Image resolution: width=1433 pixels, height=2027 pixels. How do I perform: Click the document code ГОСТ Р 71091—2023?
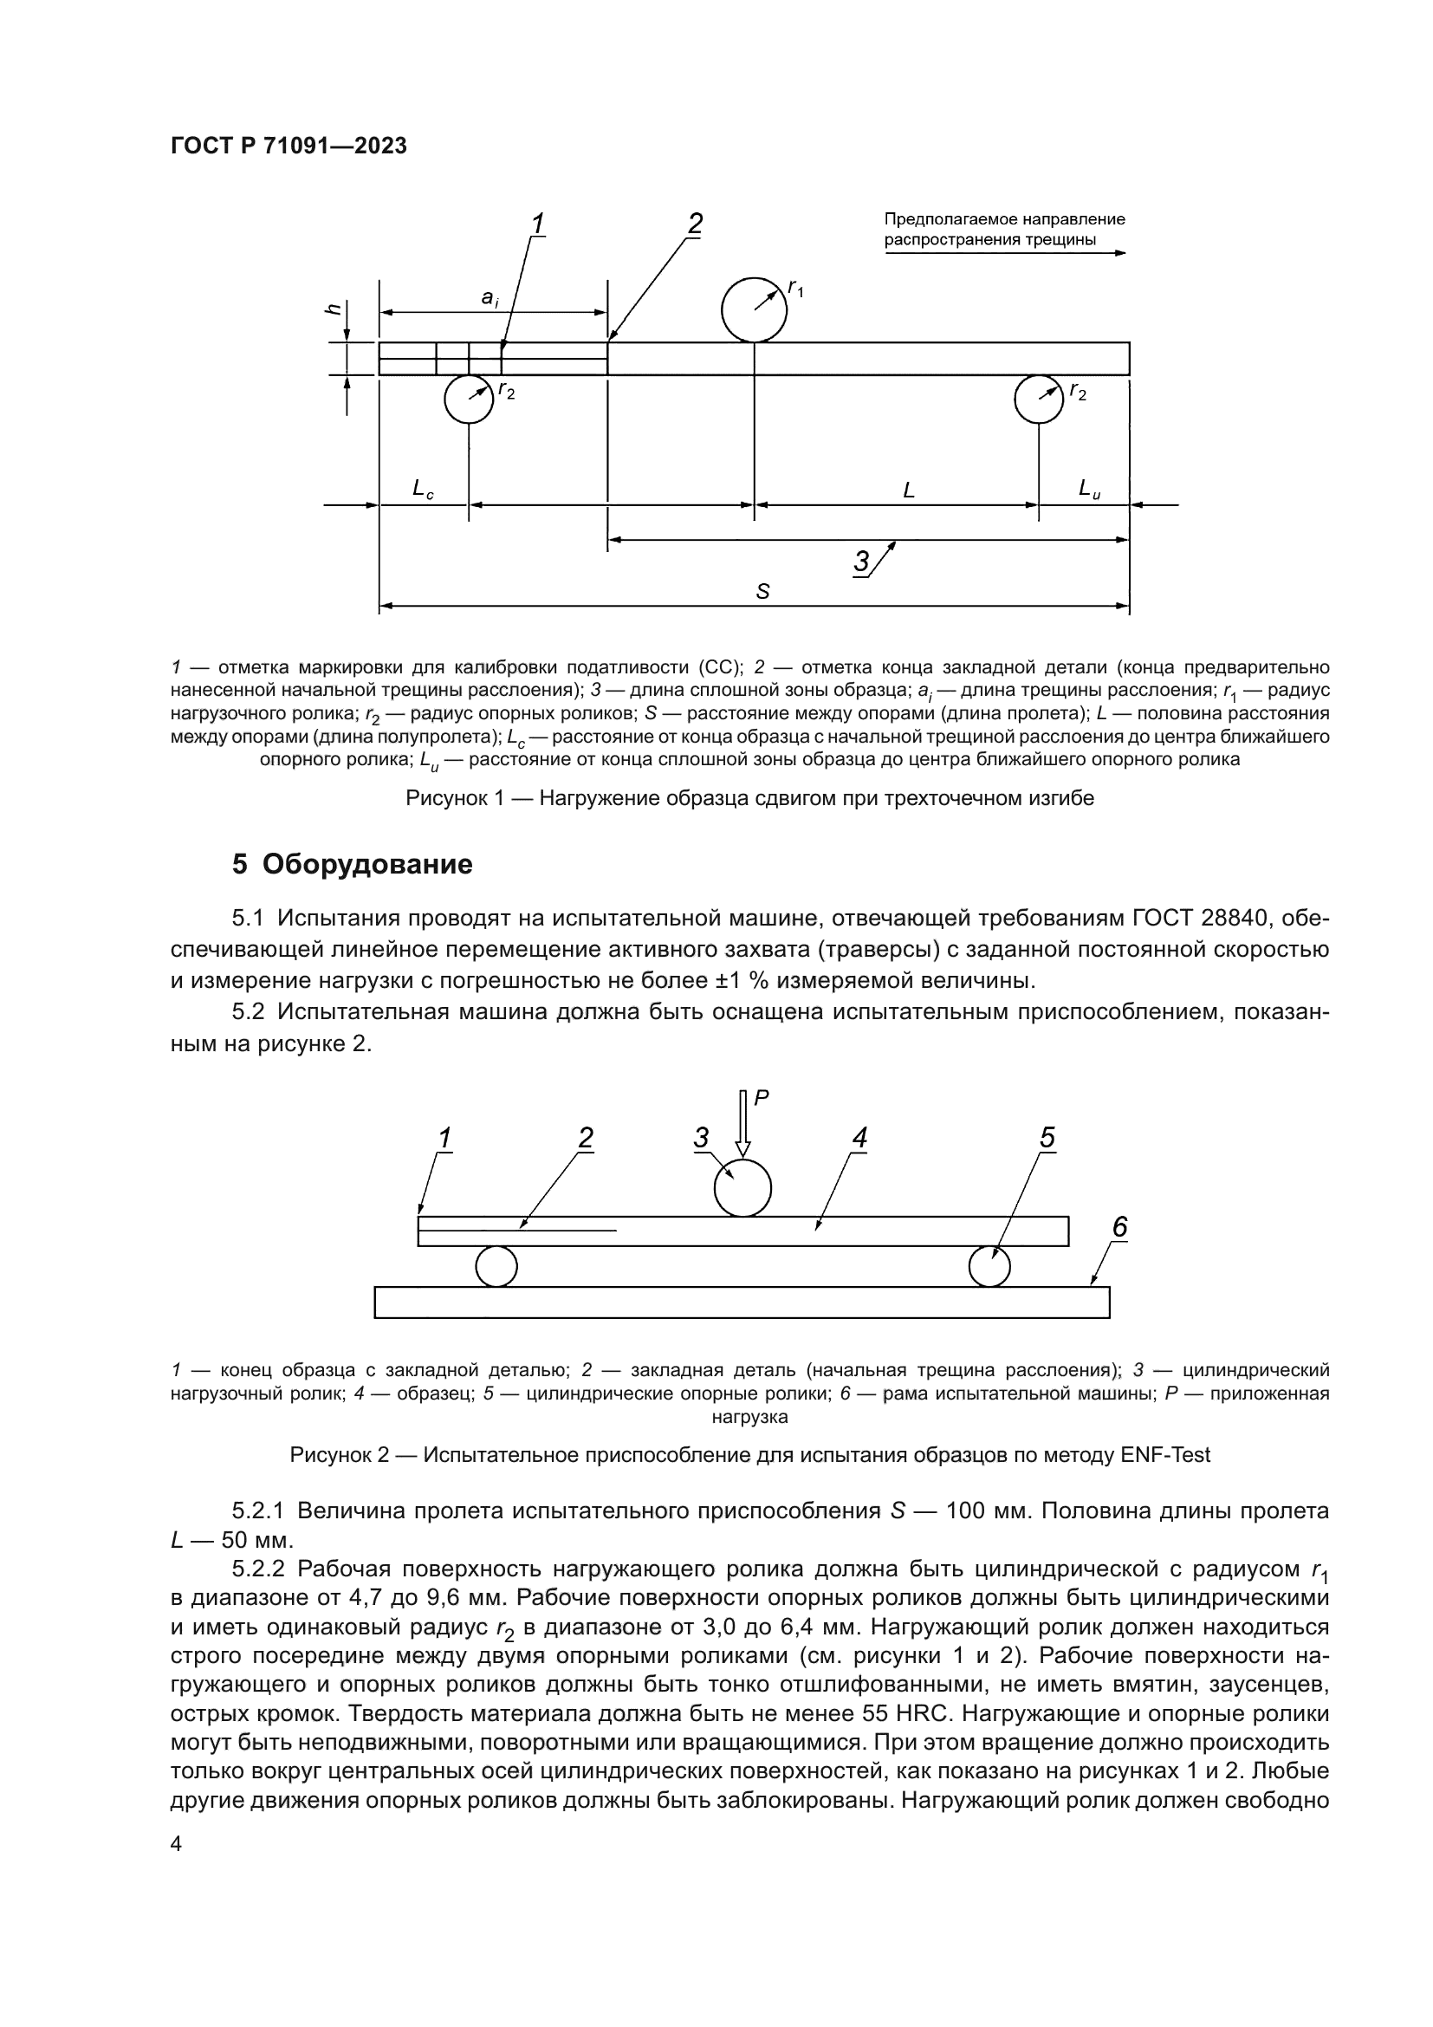pos(289,146)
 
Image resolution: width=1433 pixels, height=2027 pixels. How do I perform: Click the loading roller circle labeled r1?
pos(754,310)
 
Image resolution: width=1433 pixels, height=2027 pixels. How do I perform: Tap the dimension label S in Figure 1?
pos(762,593)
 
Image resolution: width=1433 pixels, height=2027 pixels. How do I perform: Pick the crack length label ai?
pos(490,298)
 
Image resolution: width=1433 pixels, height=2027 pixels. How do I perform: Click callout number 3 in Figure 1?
pos(862,562)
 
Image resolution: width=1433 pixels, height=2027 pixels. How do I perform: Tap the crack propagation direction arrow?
pos(1006,252)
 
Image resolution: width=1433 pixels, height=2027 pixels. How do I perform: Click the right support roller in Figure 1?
pos(1040,399)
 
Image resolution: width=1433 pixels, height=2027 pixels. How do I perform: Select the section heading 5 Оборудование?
pos(352,864)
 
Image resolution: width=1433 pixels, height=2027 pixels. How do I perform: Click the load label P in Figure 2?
pos(762,1097)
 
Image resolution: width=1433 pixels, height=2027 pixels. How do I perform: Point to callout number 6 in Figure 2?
pos(1119,1226)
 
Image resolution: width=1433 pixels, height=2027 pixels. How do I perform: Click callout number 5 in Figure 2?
pos(1047,1138)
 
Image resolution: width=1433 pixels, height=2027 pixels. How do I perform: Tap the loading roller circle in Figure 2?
pos(742,1187)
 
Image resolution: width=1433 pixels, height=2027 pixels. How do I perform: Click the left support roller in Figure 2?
pos(496,1267)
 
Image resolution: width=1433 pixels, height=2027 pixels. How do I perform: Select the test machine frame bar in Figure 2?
pos(742,1303)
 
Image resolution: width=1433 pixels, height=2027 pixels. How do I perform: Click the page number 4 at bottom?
pos(176,1844)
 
